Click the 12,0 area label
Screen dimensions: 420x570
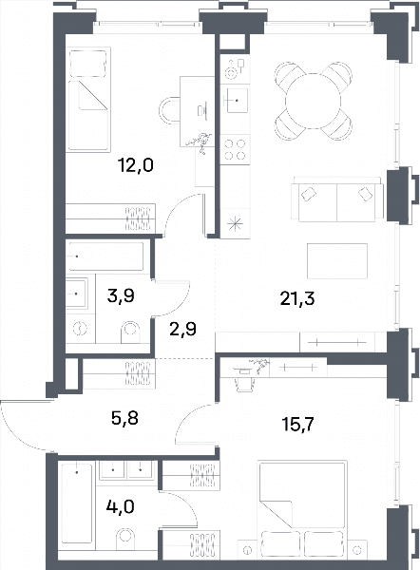coord(136,165)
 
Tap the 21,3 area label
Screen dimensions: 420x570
coord(297,298)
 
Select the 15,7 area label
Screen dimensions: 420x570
coord(297,424)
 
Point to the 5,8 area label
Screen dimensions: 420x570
coord(124,418)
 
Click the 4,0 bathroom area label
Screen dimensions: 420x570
coord(121,506)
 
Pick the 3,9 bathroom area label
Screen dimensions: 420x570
coord(121,295)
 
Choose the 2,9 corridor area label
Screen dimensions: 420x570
coord(182,329)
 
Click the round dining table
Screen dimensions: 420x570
coord(313,101)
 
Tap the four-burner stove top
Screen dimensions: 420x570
coord(235,149)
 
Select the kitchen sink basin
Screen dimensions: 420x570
coord(238,100)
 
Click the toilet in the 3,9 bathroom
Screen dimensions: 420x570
coord(130,332)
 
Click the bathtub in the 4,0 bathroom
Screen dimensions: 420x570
coord(76,503)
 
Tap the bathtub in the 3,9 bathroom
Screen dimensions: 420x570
coord(106,256)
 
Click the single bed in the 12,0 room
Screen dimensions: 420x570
coord(88,99)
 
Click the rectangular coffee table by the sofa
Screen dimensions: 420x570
coord(337,261)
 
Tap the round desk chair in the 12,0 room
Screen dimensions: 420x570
coord(169,110)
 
